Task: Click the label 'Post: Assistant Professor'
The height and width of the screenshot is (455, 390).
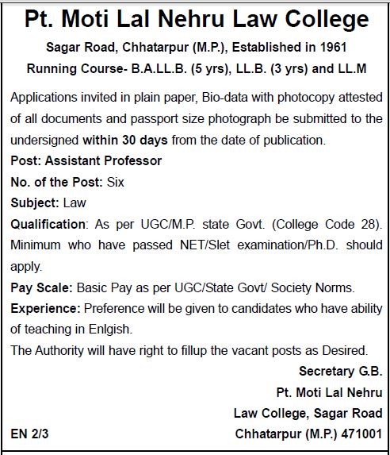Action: click(x=86, y=161)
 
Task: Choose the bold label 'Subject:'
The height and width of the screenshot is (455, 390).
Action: click(x=34, y=203)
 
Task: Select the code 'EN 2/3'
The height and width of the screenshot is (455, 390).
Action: click(x=32, y=434)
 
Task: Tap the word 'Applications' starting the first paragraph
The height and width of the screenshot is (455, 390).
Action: click(x=47, y=98)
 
